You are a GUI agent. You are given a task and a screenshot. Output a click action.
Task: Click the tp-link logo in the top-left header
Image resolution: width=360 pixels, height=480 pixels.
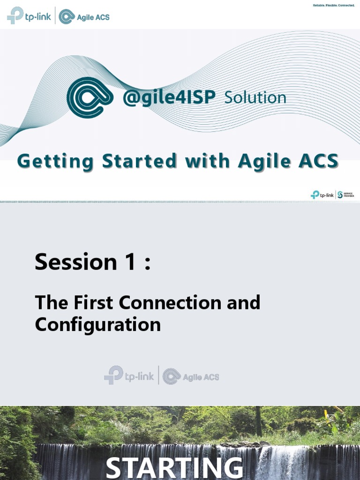(29, 16)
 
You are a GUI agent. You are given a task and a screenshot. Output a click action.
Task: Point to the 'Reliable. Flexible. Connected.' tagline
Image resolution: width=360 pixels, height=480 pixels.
(333, 6)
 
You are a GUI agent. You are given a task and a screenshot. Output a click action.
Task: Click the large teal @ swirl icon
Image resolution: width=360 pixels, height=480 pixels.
(90, 97)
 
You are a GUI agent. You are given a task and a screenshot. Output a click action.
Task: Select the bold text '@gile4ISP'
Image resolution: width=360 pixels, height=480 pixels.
(169, 97)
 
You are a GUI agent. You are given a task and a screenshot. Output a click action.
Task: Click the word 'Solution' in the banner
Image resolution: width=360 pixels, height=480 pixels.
(255, 97)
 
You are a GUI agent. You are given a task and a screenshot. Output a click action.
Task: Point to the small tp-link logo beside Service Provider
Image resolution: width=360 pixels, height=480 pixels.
(322, 195)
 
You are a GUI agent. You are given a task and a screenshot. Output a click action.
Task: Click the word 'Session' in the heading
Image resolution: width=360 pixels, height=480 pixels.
(75, 262)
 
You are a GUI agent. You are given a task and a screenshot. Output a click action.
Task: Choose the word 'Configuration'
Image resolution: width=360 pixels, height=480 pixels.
(97, 324)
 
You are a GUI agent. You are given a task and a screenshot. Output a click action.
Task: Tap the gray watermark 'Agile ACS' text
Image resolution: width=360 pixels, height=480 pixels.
(201, 377)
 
